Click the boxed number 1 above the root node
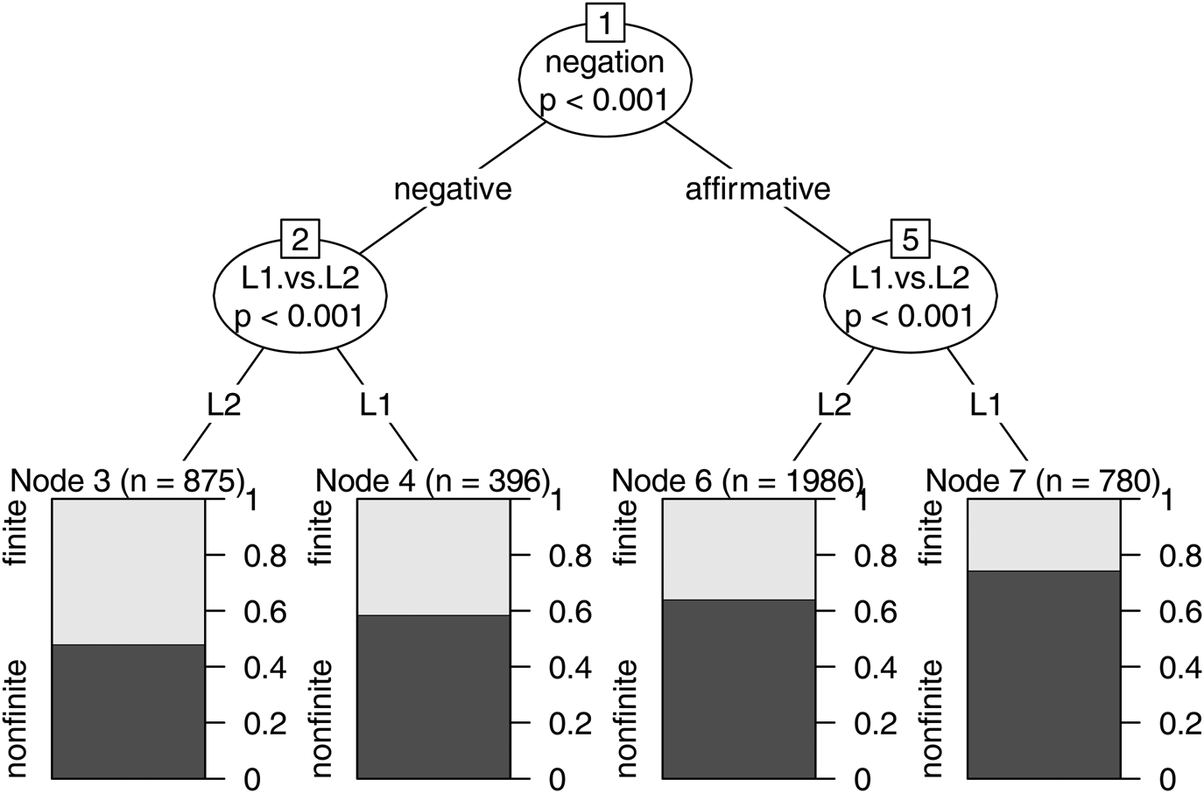coord(604,21)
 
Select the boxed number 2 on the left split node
coord(299,239)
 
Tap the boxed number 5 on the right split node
coord(910,239)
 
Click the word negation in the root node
coord(604,62)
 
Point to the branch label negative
coord(453,189)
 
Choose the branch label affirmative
coord(757,189)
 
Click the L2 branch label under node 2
coord(223,404)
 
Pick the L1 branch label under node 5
coord(985,404)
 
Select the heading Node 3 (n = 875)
coord(127,481)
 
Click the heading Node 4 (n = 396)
coord(433,481)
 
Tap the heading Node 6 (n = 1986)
coord(738,481)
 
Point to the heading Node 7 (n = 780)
coord(1043,481)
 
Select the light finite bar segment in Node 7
coord(1044,534)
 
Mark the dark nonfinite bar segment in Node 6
coord(738,688)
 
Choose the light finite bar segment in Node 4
coord(433,557)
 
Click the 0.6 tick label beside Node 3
coord(265,612)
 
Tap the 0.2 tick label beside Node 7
coord(1180,724)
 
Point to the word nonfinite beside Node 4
coord(322,719)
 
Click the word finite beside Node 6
coord(627,533)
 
